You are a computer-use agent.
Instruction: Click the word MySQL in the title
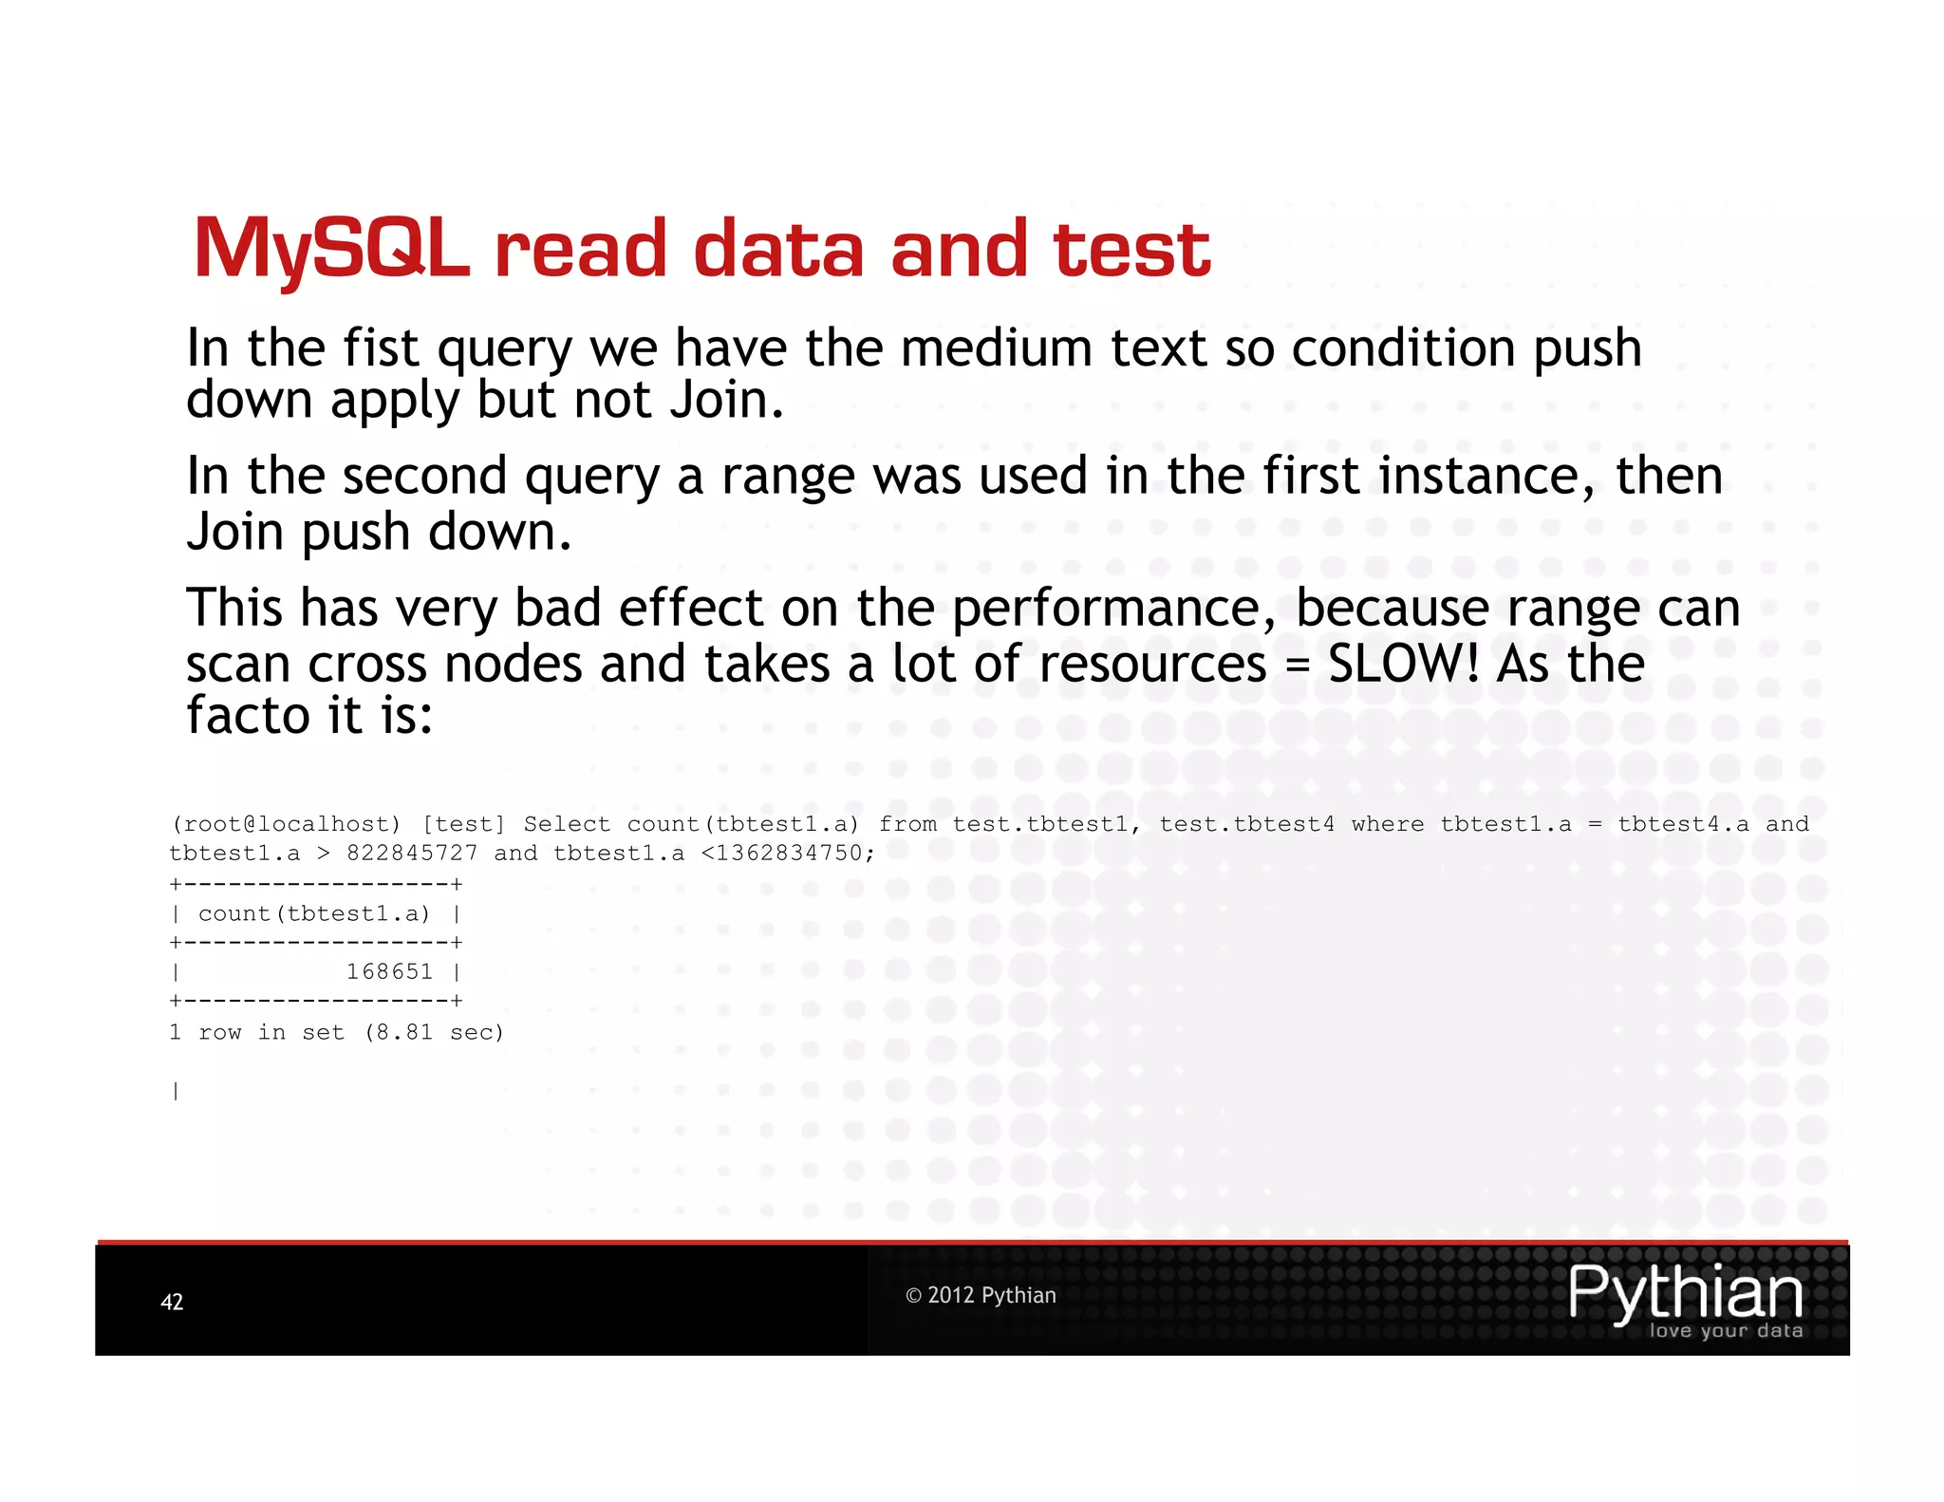click(x=330, y=249)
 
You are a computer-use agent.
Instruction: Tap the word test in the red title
click(x=1131, y=249)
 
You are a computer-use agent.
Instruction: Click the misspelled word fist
click(x=381, y=347)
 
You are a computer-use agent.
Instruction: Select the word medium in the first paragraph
click(x=996, y=347)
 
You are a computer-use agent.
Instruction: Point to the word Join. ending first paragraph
click(x=726, y=401)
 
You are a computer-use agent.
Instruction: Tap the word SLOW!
click(x=1403, y=663)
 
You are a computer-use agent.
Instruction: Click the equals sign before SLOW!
click(x=1297, y=665)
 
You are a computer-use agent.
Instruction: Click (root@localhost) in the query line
click(x=286, y=824)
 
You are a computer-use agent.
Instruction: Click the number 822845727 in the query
click(x=412, y=853)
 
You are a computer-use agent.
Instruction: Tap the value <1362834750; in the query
click(x=787, y=853)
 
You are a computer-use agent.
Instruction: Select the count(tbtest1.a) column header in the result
click(x=314, y=913)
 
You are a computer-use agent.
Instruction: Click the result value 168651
click(x=389, y=971)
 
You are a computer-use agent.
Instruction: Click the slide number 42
click(x=172, y=1302)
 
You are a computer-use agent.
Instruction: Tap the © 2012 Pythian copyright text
click(x=981, y=1295)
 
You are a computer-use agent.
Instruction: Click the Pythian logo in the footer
click(x=1685, y=1298)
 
